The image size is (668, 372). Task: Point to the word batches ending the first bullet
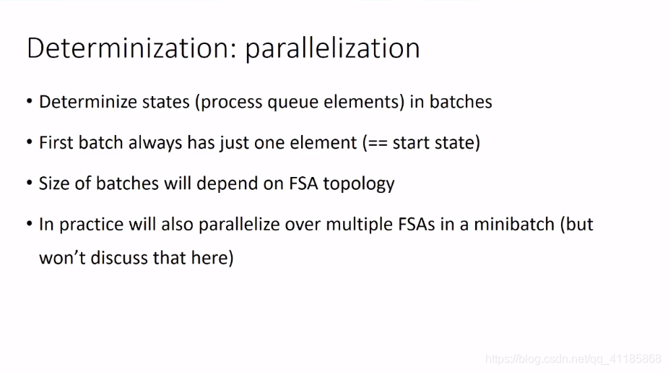tap(461, 102)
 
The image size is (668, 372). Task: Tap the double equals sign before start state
tap(378, 143)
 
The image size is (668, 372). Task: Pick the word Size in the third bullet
tap(54, 183)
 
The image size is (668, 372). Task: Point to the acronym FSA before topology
tap(303, 183)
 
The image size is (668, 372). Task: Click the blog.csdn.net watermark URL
tap(573, 359)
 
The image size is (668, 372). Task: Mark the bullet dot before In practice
tap(30, 223)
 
